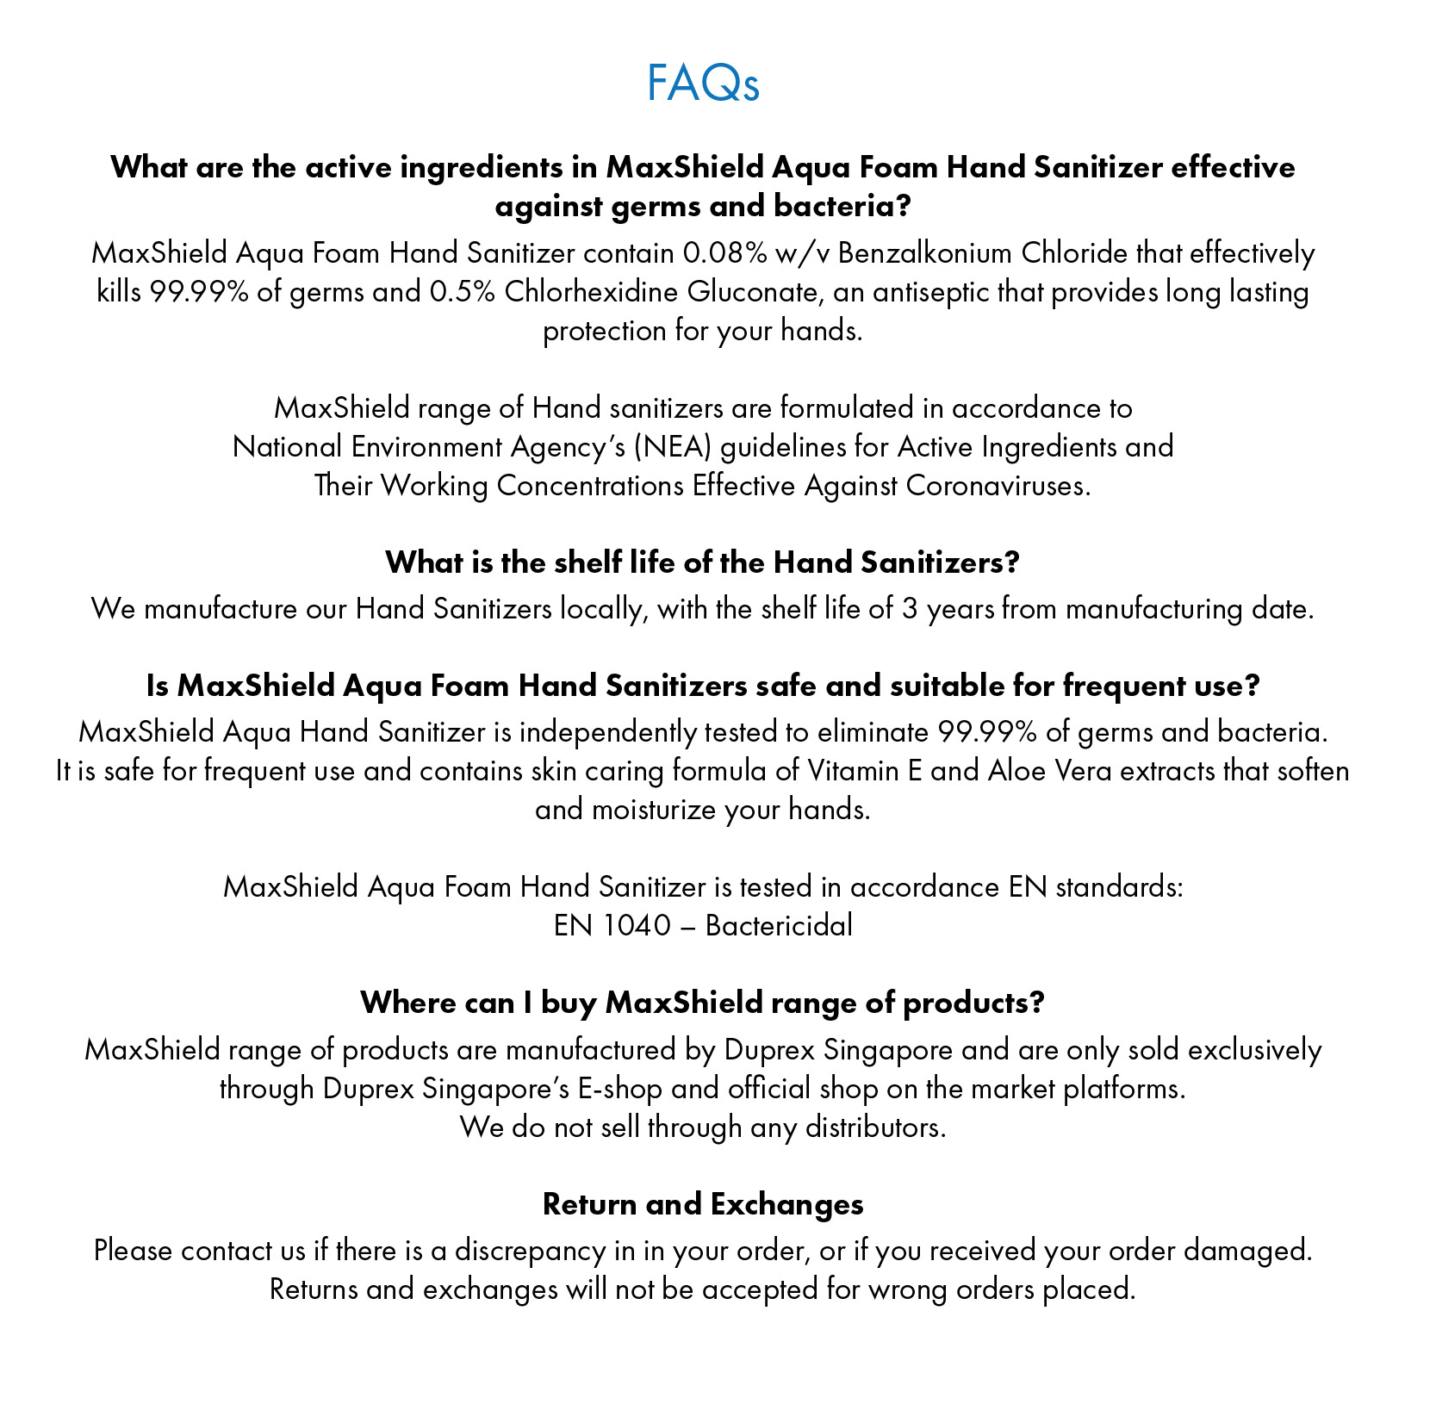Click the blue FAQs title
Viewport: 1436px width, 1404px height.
click(x=703, y=84)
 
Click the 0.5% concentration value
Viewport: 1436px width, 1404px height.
click(x=462, y=292)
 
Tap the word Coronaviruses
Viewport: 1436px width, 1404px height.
click(x=998, y=486)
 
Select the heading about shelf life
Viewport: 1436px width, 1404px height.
click(x=703, y=562)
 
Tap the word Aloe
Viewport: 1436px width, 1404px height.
click(x=1016, y=770)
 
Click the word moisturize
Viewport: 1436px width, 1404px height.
click(x=654, y=810)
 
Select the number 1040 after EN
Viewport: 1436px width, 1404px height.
click(x=637, y=925)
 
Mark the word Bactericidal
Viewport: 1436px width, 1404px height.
click(x=779, y=925)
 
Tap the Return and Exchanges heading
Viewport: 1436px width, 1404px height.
click(x=703, y=1203)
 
